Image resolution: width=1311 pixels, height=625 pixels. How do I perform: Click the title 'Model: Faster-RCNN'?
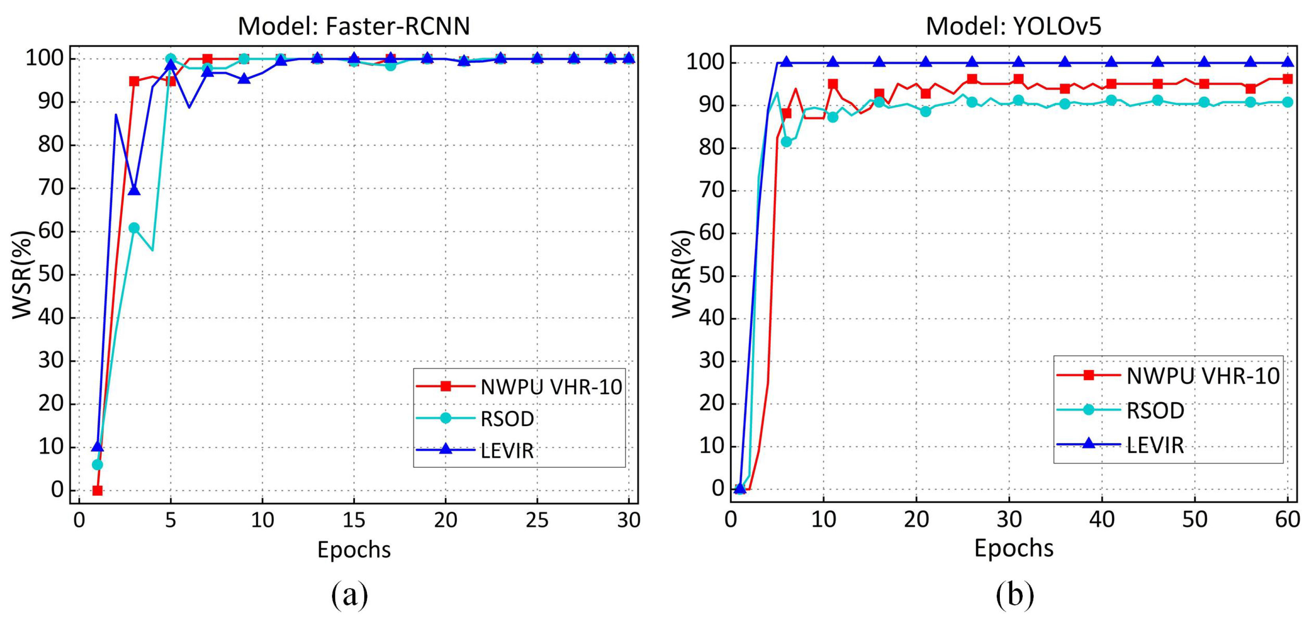pos(354,26)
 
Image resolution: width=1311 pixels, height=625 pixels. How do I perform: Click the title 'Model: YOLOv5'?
pos(1013,26)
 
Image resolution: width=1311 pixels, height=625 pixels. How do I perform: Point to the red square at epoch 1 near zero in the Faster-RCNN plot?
pos(97,491)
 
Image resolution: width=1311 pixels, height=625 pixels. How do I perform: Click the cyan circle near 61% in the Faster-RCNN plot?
pos(134,228)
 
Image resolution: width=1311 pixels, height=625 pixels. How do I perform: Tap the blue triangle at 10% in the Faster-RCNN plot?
pos(97,446)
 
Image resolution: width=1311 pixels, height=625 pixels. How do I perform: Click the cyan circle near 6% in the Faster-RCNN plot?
pos(97,465)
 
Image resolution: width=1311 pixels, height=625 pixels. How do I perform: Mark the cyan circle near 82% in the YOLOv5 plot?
pos(786,142)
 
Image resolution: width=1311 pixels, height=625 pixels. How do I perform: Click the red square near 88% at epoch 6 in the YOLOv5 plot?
pos(786,113)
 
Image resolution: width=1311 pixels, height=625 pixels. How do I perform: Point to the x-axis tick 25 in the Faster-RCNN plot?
pos(537,520)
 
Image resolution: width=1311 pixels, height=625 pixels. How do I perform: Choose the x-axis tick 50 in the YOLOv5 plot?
pos(1194,519)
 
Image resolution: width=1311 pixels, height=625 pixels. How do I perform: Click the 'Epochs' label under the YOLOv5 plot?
pos(1013,548)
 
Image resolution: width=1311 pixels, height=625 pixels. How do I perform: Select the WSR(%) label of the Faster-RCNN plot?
pos(22,275)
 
